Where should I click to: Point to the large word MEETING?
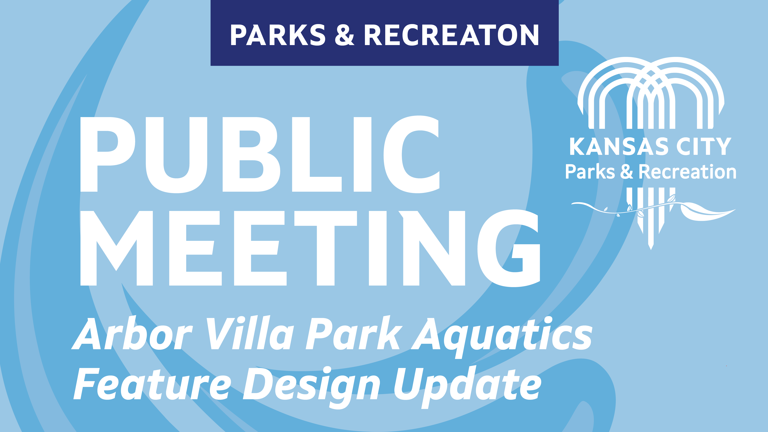coord(310,248)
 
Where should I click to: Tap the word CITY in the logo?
coord(704,146)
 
